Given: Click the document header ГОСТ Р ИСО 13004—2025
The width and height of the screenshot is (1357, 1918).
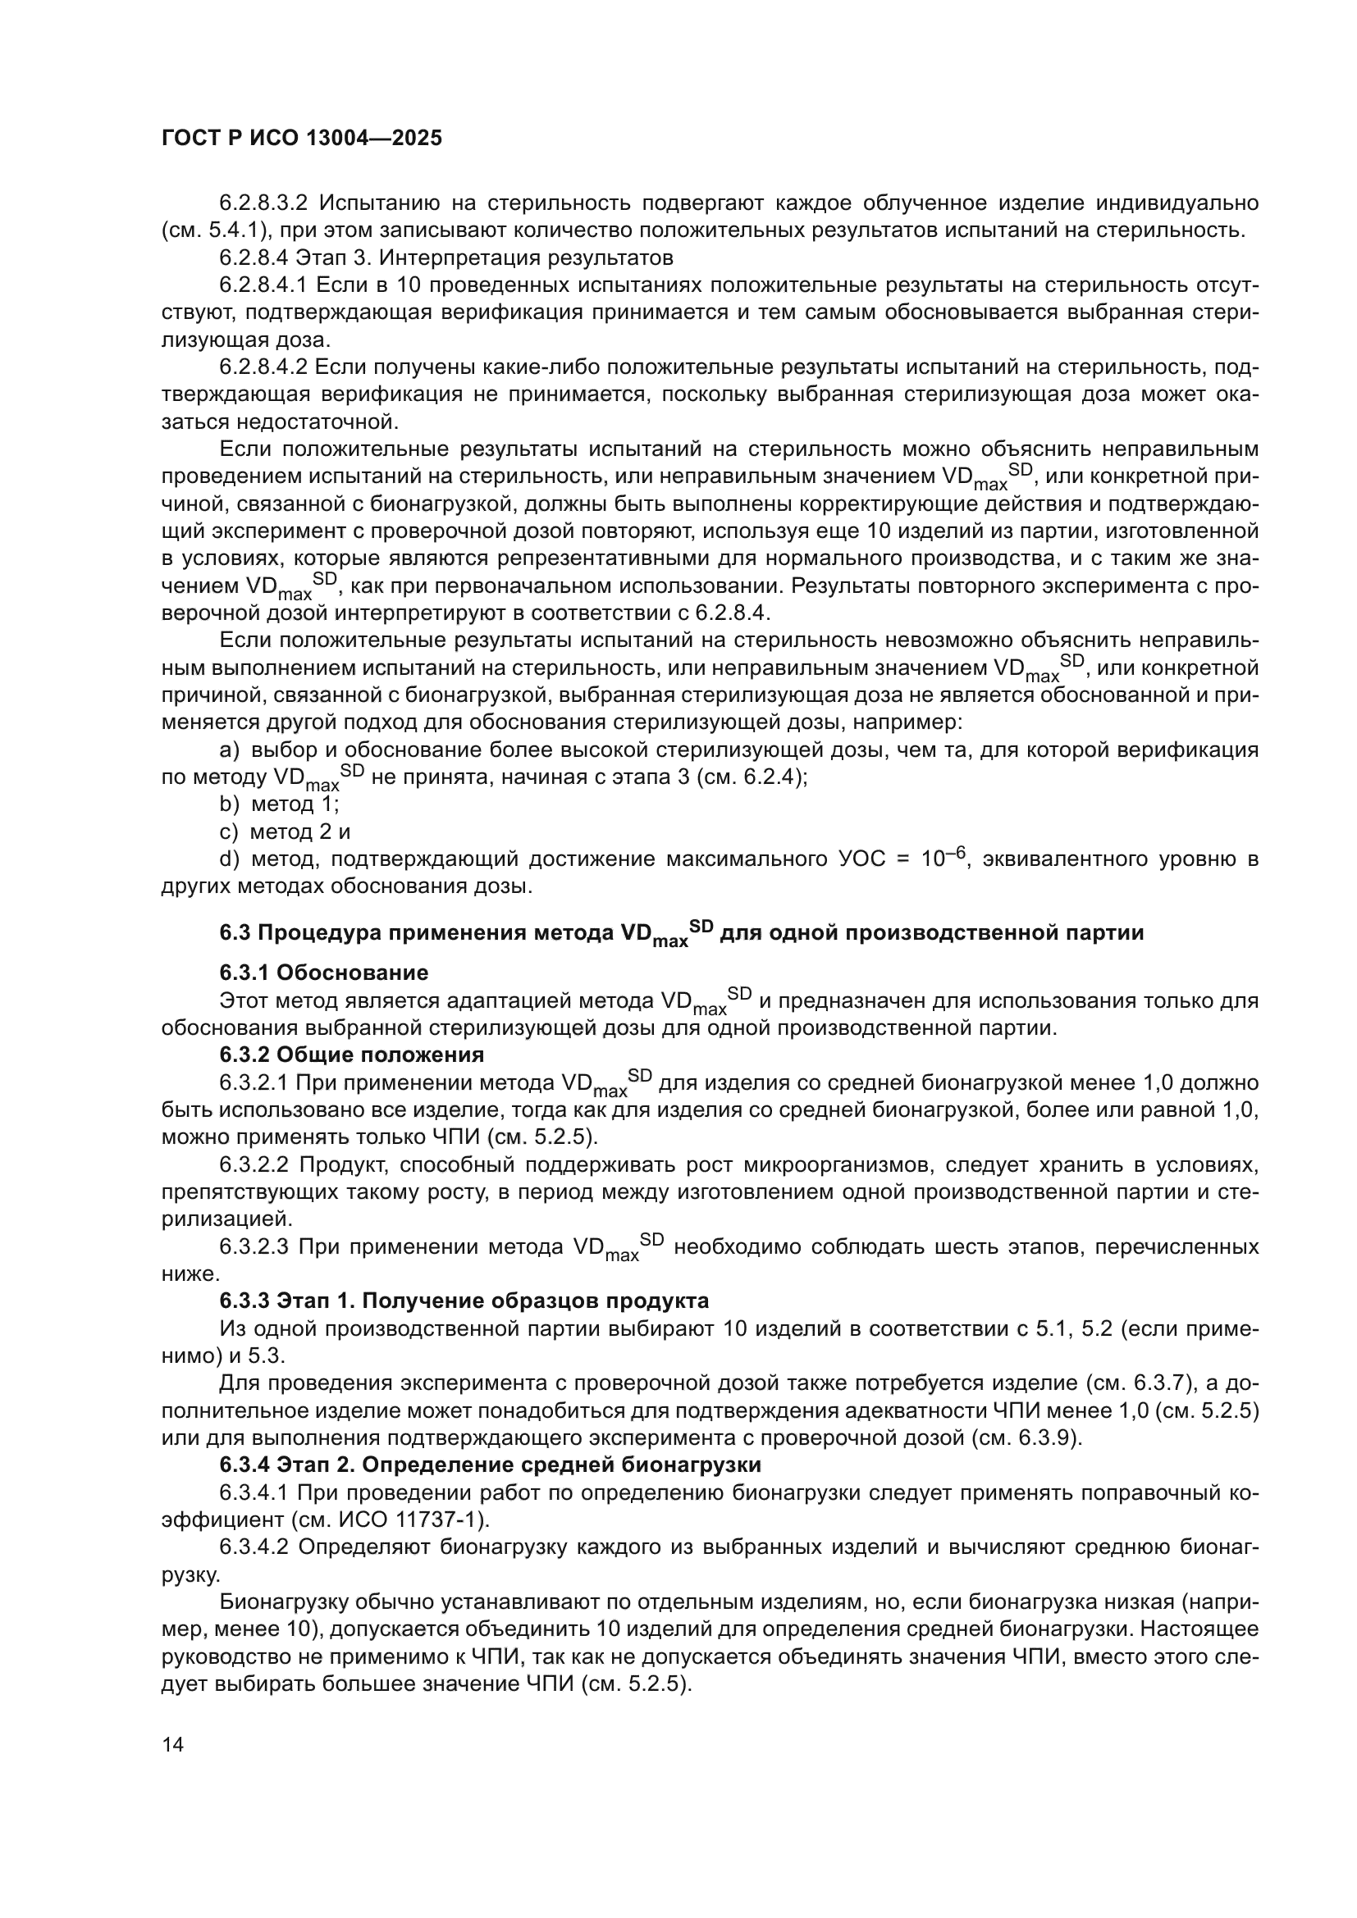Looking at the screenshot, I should [x=302, y=139].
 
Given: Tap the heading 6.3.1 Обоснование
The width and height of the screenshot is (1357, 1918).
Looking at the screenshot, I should [x=324, y=973].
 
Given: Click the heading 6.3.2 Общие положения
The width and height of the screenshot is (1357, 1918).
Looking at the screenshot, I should [x=352, y=1055].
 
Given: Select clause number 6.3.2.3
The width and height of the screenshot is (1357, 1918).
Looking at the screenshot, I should [x=254, y=1247].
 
